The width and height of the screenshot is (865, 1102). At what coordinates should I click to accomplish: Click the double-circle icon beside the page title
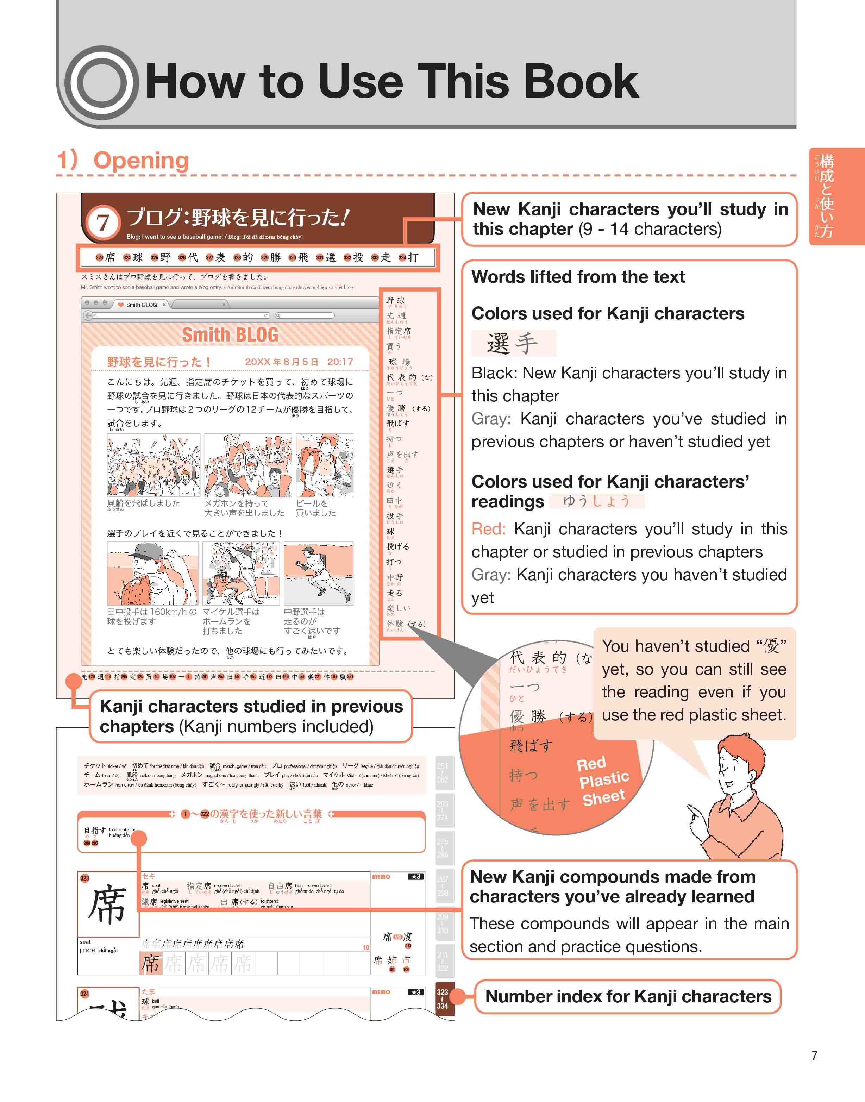[102, 82]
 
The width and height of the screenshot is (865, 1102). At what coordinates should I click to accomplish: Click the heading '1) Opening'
[123, 161]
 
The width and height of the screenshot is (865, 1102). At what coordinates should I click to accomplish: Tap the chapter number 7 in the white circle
[103, 222]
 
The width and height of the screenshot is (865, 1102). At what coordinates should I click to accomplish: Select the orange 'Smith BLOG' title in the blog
[230, 335]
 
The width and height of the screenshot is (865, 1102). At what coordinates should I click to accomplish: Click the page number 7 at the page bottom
[814, 1056]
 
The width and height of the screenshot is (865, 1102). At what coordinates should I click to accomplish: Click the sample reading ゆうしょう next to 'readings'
[597, 501]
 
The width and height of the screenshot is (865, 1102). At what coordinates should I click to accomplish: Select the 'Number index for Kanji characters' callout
[628, 996]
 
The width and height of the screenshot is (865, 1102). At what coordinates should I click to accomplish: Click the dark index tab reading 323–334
[442, 999]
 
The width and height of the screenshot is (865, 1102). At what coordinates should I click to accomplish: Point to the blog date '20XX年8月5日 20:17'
[299, 362]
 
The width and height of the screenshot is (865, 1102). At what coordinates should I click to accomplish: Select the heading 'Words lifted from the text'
[578, 277]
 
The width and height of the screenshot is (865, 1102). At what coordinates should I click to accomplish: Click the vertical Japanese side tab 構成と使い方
[827, 196]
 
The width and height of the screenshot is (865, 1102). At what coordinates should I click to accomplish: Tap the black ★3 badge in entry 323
[416, 876]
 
